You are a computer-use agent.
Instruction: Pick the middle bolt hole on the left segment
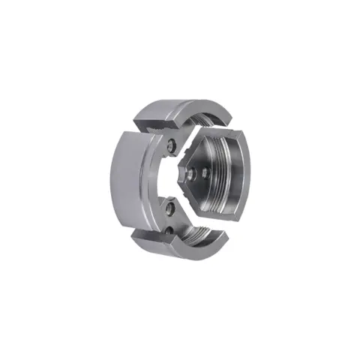tap(172, 205)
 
